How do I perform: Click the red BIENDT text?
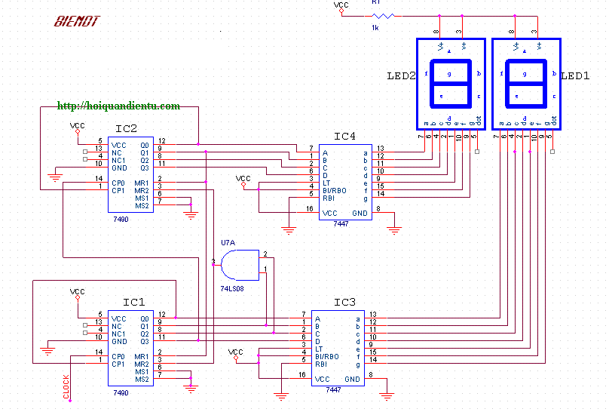pyautogui.click(x=76, y=21)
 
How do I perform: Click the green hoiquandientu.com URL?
pyautogui.click(x=118, y=106)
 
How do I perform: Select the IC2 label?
pyautogui.click(x=126, y=128)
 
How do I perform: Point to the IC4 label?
pyautogui.click(x=344, y=136)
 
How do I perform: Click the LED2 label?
pyautogui.click(x=401, y=76)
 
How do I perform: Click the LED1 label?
pyautogui.click(x=575, y=76)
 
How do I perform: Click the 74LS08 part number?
pyautogui.click(x=232, y=289)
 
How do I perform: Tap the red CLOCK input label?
pyautogui.click(x=66, y=386)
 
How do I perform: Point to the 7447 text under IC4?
pyautogui.click(x=341, y=224)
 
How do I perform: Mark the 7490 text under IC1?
pyautogui.click(x=121, y=392)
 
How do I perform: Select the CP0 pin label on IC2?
pyautogui.click(x=119, y=183)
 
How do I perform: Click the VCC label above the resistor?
pyautogui.click(x=341, y=5)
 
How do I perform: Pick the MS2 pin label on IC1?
pyautogui.click(x=142, y=379)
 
